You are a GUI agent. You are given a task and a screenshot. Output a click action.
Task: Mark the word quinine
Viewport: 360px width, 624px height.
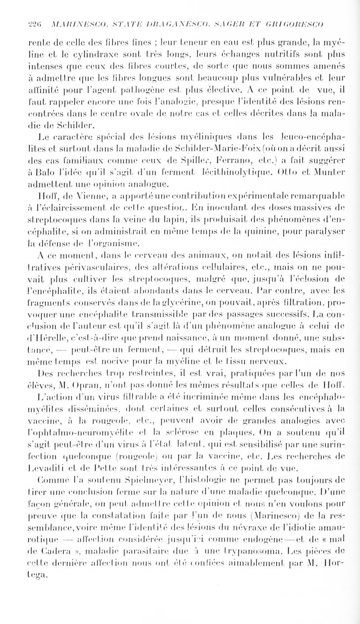295,230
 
